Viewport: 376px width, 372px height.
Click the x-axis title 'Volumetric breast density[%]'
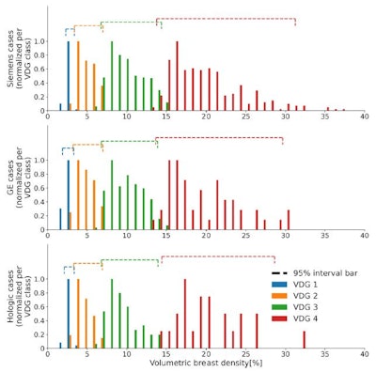206,362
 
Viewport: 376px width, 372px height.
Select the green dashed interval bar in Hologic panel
130,260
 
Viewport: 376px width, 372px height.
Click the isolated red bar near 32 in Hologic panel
304,338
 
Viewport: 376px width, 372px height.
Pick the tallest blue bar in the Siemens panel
69,76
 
